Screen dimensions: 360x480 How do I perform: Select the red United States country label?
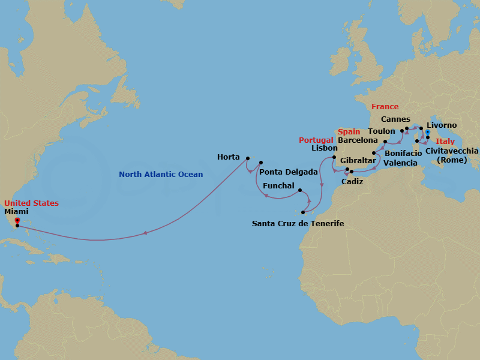point(31,203)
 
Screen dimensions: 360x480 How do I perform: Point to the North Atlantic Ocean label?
point(161,175)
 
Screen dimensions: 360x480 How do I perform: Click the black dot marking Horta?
point(247,158)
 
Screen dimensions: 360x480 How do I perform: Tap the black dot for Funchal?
point(299,190)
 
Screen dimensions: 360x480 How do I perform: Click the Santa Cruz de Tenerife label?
point(298,223)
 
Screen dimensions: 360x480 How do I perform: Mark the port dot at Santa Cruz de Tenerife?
point(304,212)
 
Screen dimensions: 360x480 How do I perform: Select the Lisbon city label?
point(325,148)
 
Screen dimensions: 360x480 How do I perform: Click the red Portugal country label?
point(316,140)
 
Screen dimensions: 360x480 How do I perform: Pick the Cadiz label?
point(352,181)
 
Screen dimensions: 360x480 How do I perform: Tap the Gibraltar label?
point(358,161)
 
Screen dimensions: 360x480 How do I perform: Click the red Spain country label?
point(349,132)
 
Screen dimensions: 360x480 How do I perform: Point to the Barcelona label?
point(358,140)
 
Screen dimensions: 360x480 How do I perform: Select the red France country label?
point(385,107)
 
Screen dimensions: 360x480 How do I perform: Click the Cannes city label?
point(395,119)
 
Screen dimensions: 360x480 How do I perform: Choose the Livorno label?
point(442,125)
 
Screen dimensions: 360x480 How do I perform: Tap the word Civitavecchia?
point(452,151)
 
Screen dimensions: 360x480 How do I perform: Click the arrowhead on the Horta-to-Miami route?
point(145,233)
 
